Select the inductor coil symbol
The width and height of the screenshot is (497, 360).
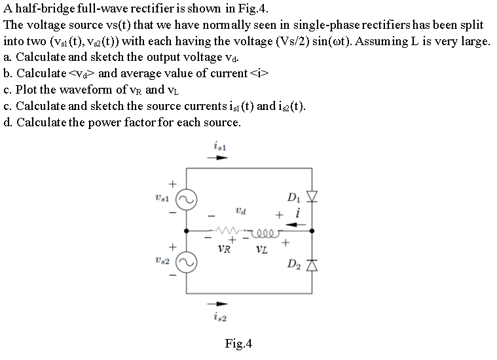point(268,230)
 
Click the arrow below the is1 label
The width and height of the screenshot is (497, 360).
point(217,158)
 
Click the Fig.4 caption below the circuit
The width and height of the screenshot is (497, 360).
point(238,344)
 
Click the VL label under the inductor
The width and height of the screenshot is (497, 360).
point(261,249)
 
